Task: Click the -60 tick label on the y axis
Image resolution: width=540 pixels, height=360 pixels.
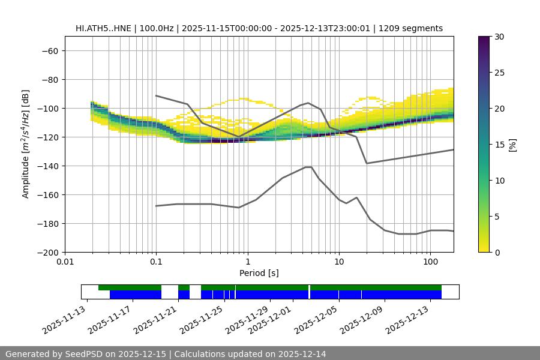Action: pyautogui.click(x=49, y=51)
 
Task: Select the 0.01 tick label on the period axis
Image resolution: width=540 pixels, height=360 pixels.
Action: pyautogui.click(x=65, y=262)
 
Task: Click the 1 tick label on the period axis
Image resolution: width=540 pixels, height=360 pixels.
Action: pyautogui.click(x=247, y=262)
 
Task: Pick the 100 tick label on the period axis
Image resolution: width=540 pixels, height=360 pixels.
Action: pyautogui.click(x=430, y=262)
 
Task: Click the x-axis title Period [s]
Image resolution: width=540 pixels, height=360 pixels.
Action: pyautogui.click(x=259, y=273)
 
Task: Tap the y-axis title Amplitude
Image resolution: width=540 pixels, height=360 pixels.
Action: pyautogui.click(x=26, y=144)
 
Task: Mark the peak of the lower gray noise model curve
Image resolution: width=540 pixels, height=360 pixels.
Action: pyautogui.click(x=308, y=167)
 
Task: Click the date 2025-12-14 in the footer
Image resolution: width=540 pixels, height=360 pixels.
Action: pyautogui.click(x=303, y=354)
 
